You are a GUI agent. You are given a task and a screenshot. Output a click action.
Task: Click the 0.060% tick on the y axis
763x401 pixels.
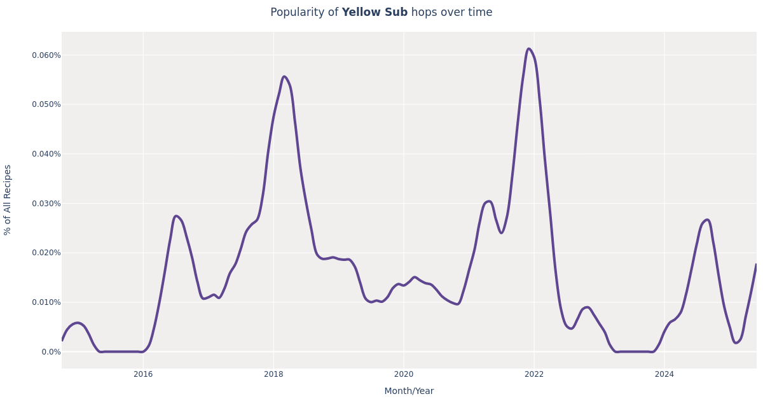[46, 55]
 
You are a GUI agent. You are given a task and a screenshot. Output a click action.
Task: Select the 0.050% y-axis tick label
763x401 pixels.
[46, 104]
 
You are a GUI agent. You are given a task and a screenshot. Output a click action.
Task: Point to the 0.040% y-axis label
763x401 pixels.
[46, 154]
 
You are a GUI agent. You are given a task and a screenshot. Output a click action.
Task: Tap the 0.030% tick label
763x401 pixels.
[46, 204]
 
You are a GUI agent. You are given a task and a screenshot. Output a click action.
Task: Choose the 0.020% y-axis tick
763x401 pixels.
[46, 253]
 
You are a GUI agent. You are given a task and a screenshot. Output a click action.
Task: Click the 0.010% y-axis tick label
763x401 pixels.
[46, 302]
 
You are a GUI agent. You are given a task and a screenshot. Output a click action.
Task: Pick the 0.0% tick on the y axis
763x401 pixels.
[51, 352]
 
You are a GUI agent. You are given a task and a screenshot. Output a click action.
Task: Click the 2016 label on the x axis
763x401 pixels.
[143, 374]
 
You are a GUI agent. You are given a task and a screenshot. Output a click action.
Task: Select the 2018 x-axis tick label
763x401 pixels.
[273, 374]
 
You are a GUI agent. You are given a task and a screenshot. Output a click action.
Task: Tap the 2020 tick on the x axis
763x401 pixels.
[404, 374]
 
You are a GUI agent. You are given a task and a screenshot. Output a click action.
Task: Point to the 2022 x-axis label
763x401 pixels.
[534, 374]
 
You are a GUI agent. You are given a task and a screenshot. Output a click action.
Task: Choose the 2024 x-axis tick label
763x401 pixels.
[664, 374]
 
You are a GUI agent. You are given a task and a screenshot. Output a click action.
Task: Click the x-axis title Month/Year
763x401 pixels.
[409, 391]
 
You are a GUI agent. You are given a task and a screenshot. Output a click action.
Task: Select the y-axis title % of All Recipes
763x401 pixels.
[8, 200]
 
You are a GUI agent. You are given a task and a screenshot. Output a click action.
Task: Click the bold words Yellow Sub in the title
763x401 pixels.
[375, 13]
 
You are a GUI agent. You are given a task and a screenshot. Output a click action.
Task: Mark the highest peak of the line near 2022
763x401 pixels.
[528, 49]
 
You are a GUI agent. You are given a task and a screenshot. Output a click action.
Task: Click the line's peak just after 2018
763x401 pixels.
[284, 77]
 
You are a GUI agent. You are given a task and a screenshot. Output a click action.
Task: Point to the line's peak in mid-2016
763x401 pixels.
[176, 216]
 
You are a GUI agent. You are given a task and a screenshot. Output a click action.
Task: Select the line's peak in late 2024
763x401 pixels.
[707, 220]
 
